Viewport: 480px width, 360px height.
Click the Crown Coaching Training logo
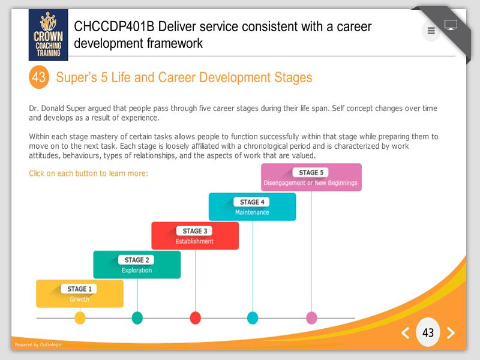pyautogui.click(x=49, y=35)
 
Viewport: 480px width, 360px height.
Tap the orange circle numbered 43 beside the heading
pyautogui.click(x=39, y=77)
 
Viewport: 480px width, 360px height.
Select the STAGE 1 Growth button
pyautogui.click(x=80, y=293)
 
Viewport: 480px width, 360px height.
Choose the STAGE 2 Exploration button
pyautogui.click(x=137, y=265)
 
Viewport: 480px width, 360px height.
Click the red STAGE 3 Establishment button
pyautogui.click(x=195, y=236)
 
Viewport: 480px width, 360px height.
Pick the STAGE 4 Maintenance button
pyautogui.click(x=252, y=206)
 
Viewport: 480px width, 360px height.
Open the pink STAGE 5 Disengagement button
pyautogui.click(x=311, y=177)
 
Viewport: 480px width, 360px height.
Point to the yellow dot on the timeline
pyautogui.click(x=80, y=318)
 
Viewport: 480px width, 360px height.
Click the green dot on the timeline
pyautogui.click(x=137, y=318)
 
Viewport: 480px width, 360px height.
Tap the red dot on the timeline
pyautogui.click(x=196, y=318)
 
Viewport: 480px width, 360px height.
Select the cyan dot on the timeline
pyautogui.click(x=253, y=318)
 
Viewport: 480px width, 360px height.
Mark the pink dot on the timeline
pyautogui.click(x=311, y=318)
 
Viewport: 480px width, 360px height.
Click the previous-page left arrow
pyautogui.click(x=406, y=333)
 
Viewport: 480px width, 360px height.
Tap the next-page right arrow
pyautogui.click(x=451, y=333)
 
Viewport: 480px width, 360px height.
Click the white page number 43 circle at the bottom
pyautogui.click(x=428, y=332)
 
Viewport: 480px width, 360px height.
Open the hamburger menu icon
pyautogui.click(x=431, y=31)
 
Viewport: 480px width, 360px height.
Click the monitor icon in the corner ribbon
pyautogui.click(x=451, y=25)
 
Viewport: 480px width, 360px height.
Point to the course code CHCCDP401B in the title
pyautogui.click(x=114, y=26)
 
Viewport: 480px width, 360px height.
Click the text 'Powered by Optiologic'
pyautogui.click(x=38, y=344)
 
